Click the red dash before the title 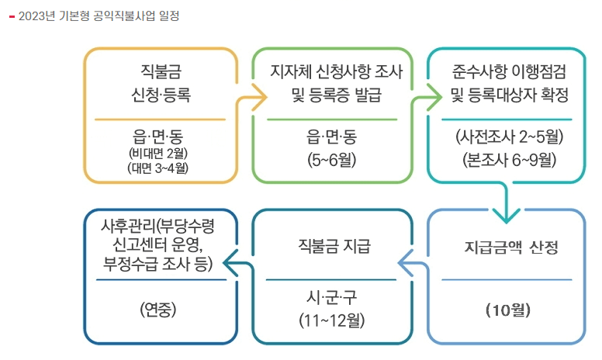(11, 16)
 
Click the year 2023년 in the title (36, 16)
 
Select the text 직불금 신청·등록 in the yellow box (161, 84)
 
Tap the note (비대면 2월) (160, 153)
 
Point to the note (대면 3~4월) (160, 166)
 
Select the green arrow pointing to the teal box (423, 99)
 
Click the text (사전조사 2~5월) (509, 139)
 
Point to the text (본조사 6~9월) (509, 161)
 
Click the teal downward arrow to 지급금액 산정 (507, 208)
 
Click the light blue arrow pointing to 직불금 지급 (411, 266)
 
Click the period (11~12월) (334, 319)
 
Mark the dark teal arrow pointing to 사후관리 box (237, 266)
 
